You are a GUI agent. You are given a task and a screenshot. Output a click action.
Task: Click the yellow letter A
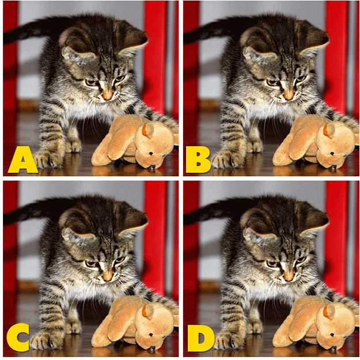click(22, 159)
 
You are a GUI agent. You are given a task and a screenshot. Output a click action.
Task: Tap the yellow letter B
click(198, 159)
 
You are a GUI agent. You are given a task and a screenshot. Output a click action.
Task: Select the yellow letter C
click(18, 339)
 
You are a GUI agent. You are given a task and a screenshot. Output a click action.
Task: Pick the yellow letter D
click(198, 339)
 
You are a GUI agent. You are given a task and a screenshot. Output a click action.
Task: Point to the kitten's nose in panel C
click(107, 276)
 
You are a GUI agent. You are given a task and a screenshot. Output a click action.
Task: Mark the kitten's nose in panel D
click(288, 276)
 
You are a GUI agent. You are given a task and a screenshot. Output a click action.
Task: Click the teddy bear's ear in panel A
click(147, 130)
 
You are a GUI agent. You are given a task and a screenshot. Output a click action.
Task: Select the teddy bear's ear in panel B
click(328, 130)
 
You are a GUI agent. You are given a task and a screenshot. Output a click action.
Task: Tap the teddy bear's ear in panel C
click(147, 311)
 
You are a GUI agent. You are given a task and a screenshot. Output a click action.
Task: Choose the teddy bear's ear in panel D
click(328, 311)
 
